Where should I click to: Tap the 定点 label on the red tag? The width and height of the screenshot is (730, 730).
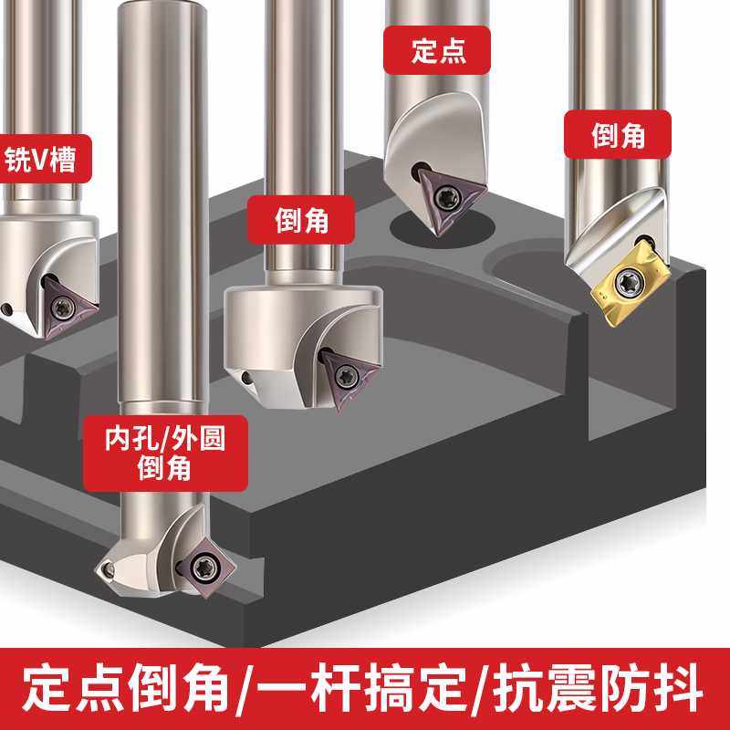pyautogui.click(x=438, y=51)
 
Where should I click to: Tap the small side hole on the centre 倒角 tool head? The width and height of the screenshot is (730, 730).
pyautogui.click(x=247, y=376)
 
